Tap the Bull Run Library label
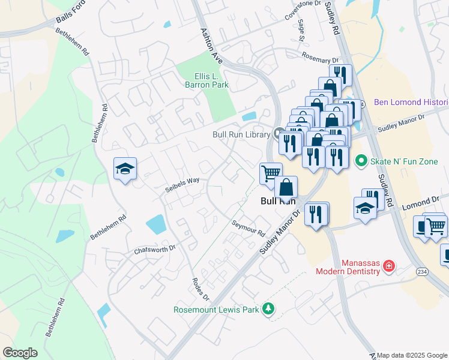pyautogui.click(x=240, y=134)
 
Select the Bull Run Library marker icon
pyautogui.click(x=278, y=133)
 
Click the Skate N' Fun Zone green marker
pyautogui.click(x=361, y=160)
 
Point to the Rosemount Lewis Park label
pyautogui.click(x=215, y=310)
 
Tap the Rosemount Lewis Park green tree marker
pyautogui.click(x=270, y=309)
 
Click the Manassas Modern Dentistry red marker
pyautogui.click(x=388, y=265)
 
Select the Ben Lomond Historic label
pyautogui.click(x=411, y=102)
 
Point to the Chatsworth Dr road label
pyautogui.click(x=154, y=248)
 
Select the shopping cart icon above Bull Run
pyautogui.click(x=271, y=173)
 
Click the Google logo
pyautogui.click(x=20, y=353)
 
